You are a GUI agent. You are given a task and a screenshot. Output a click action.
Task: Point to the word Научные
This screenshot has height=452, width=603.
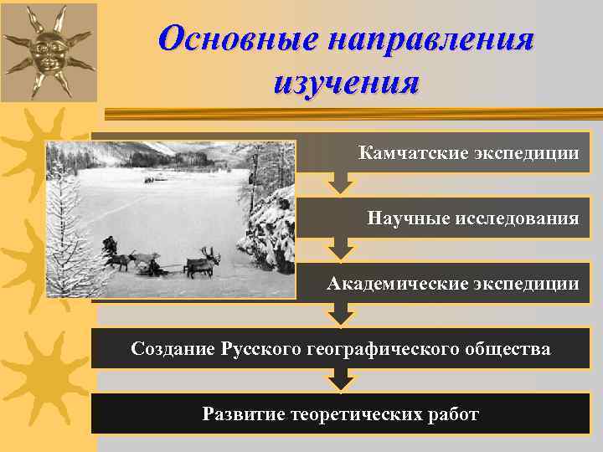click(x=409, y=218)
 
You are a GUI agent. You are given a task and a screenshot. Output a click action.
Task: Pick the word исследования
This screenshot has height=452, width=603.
click(x=518, y=218)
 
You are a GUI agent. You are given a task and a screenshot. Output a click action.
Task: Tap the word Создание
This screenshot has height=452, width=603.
click(x=173, y=348)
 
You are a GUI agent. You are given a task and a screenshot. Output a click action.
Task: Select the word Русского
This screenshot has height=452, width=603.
click(x=260, y=348)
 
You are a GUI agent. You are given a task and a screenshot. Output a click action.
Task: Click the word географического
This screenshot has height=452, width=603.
click(x=381, y=348)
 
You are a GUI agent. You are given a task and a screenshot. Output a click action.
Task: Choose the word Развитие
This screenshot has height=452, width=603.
click(x=241, y=414)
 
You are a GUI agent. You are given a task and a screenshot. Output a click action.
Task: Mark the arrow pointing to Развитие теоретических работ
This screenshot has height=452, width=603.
click(x=339, y=381)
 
